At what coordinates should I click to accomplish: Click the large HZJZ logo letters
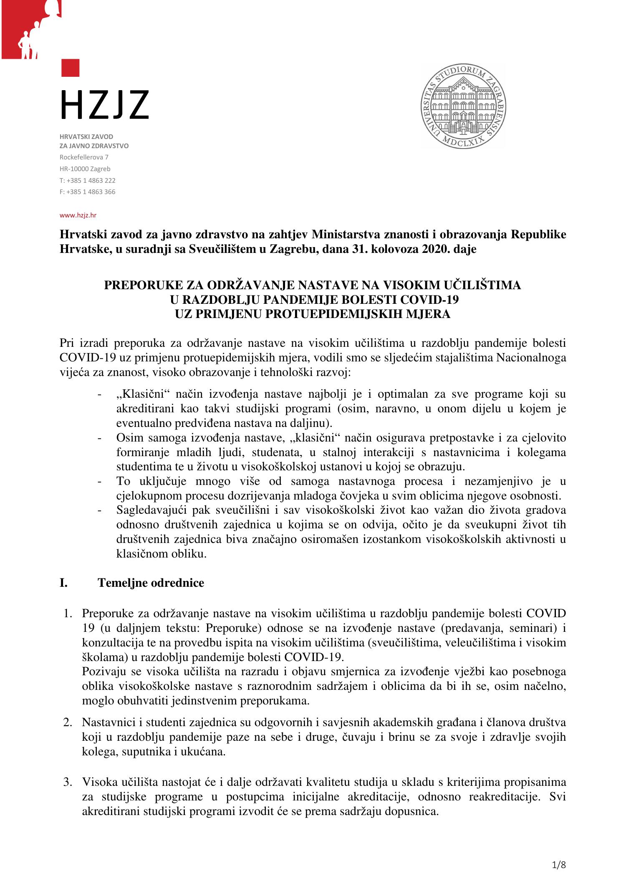click(x=104, y=104)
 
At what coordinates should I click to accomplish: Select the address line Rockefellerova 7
click(x=84, y=157)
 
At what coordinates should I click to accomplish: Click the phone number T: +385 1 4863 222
click(x=87, y=180)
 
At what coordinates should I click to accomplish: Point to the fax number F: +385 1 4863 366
click(x=87, y=192)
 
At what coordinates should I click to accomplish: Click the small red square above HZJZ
click(x=70, y=68)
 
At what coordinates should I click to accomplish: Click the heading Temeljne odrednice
click(x=151, y=583)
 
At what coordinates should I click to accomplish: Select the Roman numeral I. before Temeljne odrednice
click(x=64, y=583)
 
